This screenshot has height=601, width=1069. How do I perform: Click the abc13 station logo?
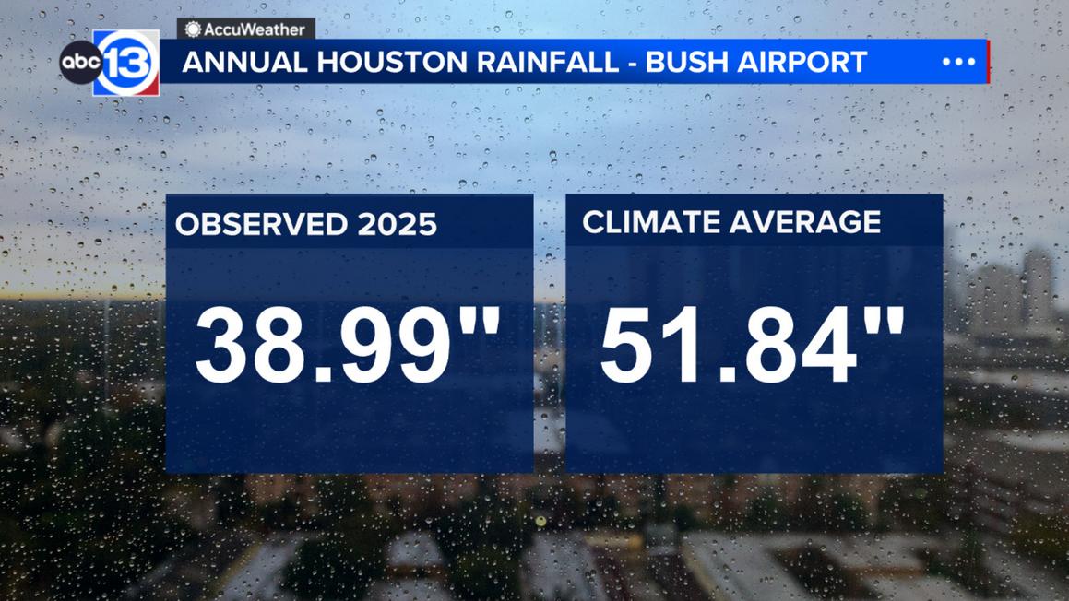(x=110, y=63)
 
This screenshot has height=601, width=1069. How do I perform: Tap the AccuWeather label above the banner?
(x=246, y=29)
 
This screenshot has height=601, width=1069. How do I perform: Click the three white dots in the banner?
(x=958, y=62)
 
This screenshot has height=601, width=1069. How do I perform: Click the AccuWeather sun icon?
(x=193, y=29)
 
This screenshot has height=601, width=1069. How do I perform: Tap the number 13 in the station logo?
(x=127, y=64)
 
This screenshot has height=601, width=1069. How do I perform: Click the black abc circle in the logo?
(x=78, y=63)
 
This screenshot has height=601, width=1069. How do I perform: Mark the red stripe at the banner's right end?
(x=988, y=62)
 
